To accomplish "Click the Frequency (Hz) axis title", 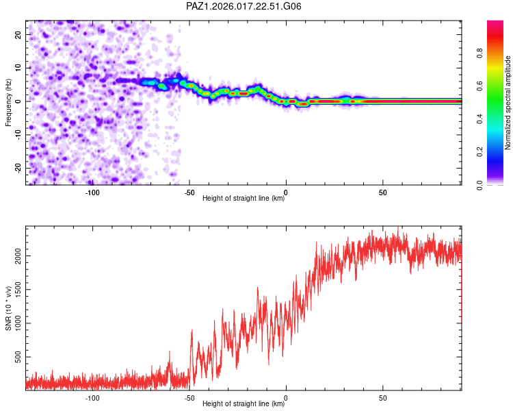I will (x=9, y=102).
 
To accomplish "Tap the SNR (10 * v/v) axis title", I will (x=9, y=308).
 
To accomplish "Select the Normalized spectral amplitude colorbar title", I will (x=508, y=102).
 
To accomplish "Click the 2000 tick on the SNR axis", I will (x=15, y=256).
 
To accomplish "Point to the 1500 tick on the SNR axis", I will (x=15, y=290).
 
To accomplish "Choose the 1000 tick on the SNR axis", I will (x=15, y=324).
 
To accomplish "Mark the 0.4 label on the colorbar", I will (x=481, y=119).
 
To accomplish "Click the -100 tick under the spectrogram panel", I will (x=92, y=192).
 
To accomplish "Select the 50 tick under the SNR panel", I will (x=383, y=398).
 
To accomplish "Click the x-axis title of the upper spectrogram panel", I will (x=244, y=199).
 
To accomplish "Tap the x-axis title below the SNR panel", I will (x=244, y=404).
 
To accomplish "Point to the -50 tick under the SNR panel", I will (x=189, y=398).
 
